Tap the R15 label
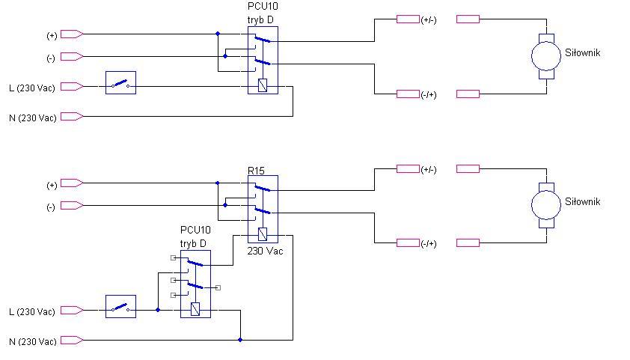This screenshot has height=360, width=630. pyautogui.click(x=256, y=171)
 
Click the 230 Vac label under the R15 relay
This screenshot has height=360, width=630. pyautogui.click(x=265, y=251)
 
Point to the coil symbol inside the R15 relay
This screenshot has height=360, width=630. pyautogui.click(x=263, y=234)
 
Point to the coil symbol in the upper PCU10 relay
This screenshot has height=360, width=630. pyautogui.click(x=263, y=85)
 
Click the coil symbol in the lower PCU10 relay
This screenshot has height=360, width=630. pyautogui.click(x=195, y=309)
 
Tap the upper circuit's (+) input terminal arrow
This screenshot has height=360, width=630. pyautogui.click(x=72, y=34)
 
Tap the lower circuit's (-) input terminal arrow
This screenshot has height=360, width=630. pyautogui.click(x=72, y=206)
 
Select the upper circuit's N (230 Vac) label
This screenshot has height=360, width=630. pyautogui.click(x=32, y=118)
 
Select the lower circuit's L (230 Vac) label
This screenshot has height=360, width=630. pyautogui.click(x=31, y=312)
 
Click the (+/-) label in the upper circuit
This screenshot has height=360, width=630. pyautogui.click(x=429, y=20)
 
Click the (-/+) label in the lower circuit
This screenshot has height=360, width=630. pyautogui.click(x=429, y=244)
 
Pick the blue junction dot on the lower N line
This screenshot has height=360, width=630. pyautogui.click(x=240, y=340)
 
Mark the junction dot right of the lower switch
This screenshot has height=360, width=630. pyautogui.click(x=158, y=310)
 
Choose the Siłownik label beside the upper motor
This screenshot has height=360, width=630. pyautogui.click(x=583, y=52)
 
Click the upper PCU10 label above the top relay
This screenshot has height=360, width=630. pyautogui.click(x=263, y=7)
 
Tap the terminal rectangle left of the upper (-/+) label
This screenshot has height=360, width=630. pyautogui.click(x=408, y=94)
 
